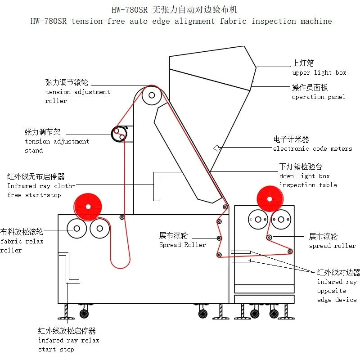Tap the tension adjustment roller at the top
point(152,95)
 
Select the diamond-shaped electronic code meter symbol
point(217,148)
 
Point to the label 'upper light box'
point(319,72)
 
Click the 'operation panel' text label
point(319,97)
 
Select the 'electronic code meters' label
point(312,148)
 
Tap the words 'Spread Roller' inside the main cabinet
point(182,245)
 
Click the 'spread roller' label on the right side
point(332,246)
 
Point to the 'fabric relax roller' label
point(22,246)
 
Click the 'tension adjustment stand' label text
point(57,146)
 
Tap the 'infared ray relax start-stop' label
point(68,345)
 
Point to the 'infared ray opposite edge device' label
point(337,291)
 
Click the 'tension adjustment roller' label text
point(77,96)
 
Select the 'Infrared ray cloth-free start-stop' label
point(40,190)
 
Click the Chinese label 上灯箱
point(303,64)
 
